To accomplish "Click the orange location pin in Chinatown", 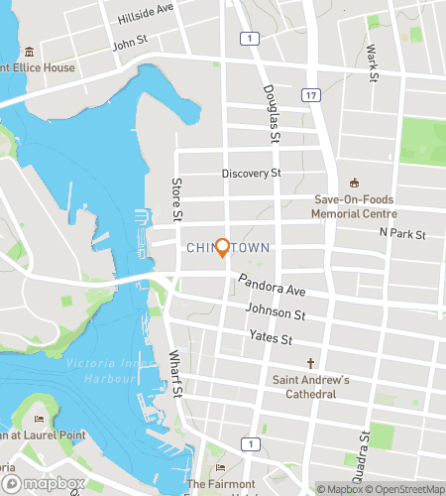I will point(223,247).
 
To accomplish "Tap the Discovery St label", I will point(252,174).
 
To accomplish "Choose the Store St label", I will point(176,199).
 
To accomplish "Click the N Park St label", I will point(401,234).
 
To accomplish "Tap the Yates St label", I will point(271,338).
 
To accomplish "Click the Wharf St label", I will point(175,369).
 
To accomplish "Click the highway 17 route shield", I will point(312,95).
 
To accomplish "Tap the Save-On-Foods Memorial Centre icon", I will point(354,183).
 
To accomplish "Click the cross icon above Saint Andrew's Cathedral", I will point(310,363).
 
